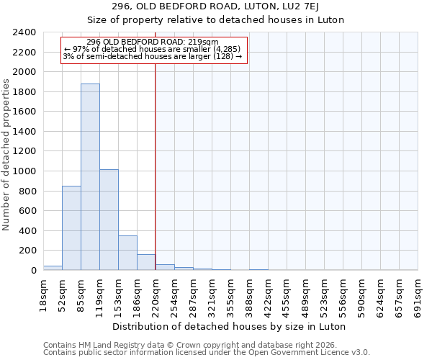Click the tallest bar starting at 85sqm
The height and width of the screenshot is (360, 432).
point(90,177)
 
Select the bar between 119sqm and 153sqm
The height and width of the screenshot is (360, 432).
point(109,220)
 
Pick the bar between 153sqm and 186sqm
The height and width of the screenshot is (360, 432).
point(127,253)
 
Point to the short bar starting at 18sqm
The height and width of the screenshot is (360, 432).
point(53,268)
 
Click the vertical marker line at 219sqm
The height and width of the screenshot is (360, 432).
point(156,166)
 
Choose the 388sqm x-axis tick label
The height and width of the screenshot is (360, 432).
point(250,295)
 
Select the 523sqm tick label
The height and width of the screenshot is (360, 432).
point(325,295)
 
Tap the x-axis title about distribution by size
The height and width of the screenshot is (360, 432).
point(230,326)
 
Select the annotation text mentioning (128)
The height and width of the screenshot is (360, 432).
point(153,56)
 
